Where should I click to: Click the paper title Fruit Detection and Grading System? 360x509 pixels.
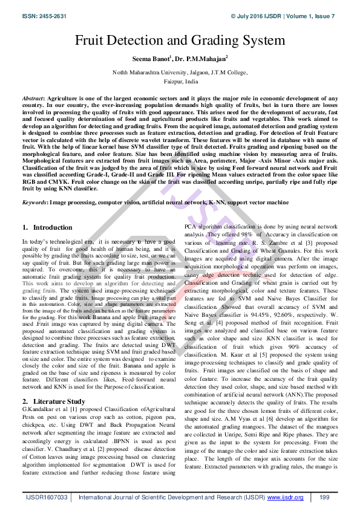(180, 41)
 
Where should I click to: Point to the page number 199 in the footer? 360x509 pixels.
(324, 497)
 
